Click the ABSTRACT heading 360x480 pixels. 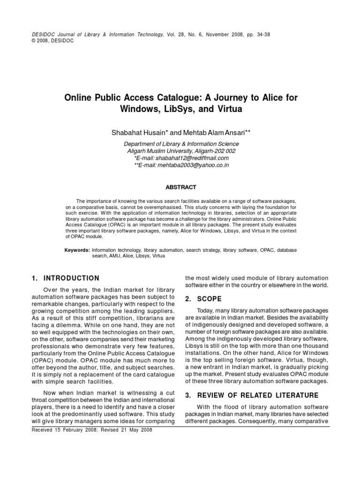[x=181, y=187]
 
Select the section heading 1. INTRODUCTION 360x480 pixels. [x=65, y=278]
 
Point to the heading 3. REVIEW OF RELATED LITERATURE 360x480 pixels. [x=252, y=395]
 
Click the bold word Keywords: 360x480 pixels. [x=77, y=251]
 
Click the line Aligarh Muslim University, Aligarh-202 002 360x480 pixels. [x=181, y=151]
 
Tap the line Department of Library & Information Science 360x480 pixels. [x=181, y=144]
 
